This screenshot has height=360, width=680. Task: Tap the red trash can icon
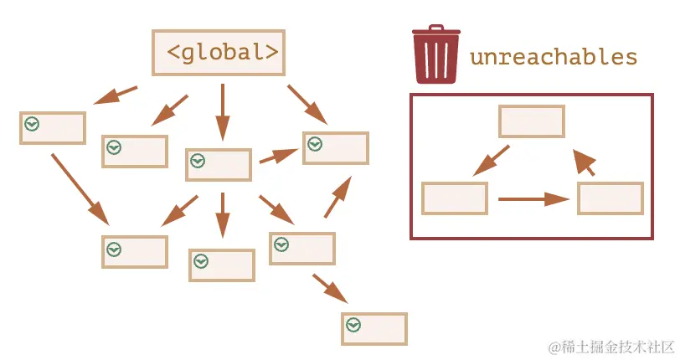(435, 54)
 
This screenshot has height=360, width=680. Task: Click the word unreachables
(554, 57)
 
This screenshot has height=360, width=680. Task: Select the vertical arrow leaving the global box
(222, 111)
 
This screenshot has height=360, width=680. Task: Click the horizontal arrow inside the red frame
(533, 199)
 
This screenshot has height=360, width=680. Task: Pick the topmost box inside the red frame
(532, 121)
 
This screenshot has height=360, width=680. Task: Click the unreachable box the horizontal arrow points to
(610, 198)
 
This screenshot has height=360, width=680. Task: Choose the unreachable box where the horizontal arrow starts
(455, 198)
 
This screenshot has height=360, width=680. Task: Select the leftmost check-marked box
(53, 127)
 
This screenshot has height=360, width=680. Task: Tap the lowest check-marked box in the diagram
(374, 328)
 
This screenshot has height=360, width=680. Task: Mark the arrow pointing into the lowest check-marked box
(330, 289)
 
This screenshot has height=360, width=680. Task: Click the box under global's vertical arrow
(219, 165)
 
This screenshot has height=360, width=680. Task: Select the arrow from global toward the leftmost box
(116, 95)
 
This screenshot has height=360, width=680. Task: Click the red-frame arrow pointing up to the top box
(585, 162)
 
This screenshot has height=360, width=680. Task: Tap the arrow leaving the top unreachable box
(492, 161)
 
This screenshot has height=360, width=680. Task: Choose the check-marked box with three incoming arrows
(336, 147)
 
